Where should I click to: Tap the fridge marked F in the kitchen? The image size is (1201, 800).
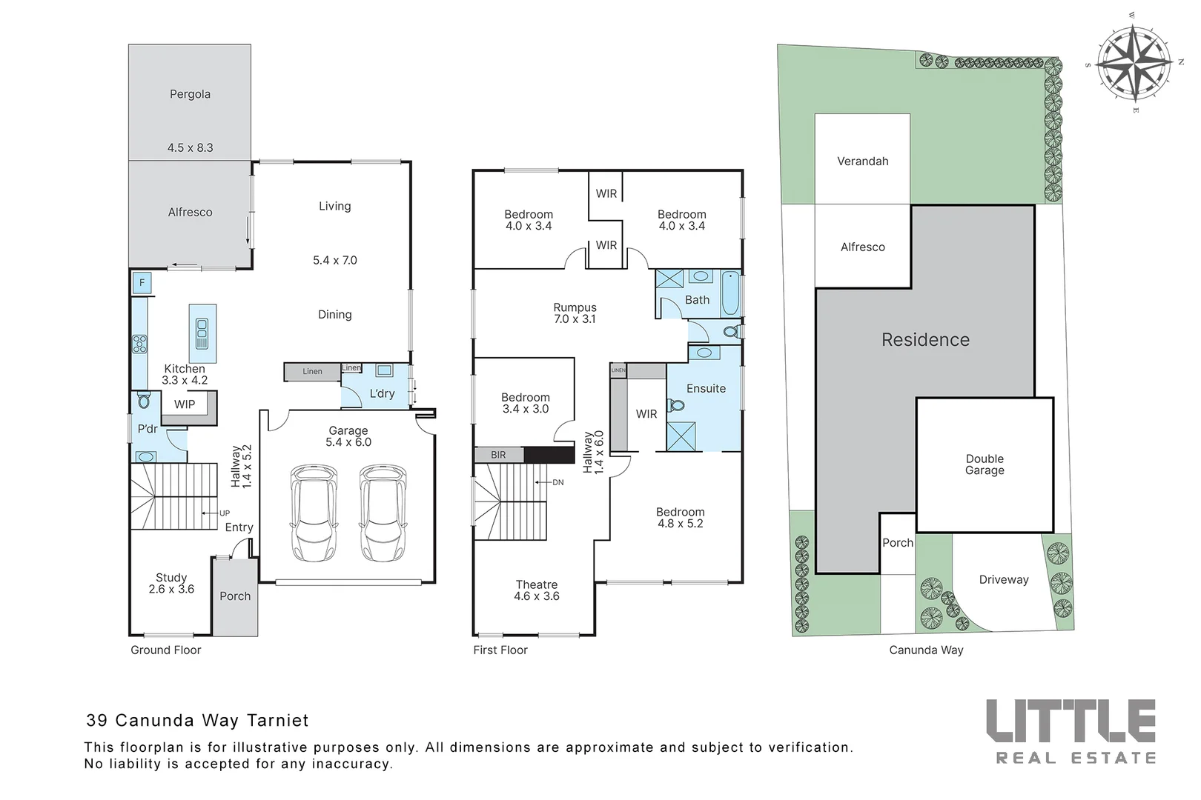click(142, 283)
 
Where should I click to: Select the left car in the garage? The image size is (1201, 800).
click(314, 513)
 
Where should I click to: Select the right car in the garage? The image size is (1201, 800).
click(383, 513)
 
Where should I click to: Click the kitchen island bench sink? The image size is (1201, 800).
click(202, 334)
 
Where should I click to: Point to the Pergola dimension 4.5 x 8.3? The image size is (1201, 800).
click(190, 147)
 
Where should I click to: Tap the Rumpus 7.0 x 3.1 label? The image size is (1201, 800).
click(575, 313)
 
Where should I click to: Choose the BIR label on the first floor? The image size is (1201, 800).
click(498, 455)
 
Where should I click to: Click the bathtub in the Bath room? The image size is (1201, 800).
click(729, 295)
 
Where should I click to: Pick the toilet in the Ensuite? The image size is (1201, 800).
click(675, 405)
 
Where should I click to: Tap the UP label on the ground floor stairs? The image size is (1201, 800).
click(224, 513)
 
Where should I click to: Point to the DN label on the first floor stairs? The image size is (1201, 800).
click(558, 482)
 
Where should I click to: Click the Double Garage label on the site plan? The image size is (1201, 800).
click(985, 464)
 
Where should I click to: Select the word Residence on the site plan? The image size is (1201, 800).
click(925, 340)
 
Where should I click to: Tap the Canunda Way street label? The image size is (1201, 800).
click(926, 650)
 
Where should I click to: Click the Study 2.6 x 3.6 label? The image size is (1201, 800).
click(171, 583)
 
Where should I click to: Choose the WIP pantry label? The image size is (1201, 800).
click(185, 404)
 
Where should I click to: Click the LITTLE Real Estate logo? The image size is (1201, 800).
click(1071, 730)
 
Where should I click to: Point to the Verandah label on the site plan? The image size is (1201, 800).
click(862, 161)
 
